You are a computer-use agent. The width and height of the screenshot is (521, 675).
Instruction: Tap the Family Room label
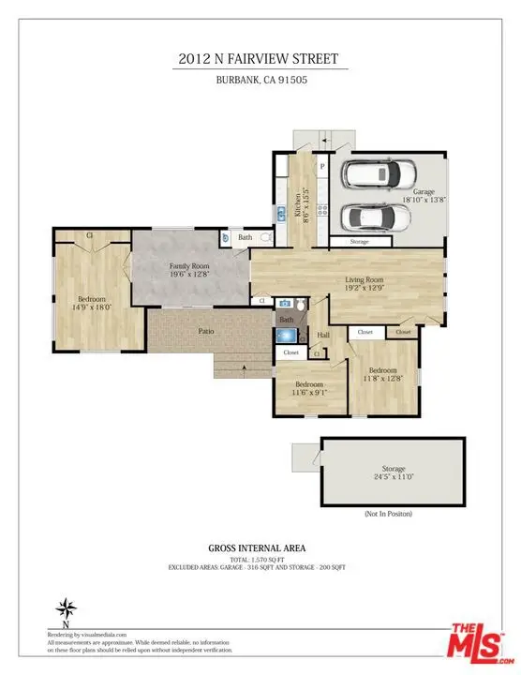click(188, 267)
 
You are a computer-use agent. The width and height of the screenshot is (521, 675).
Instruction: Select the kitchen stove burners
click(320, 205)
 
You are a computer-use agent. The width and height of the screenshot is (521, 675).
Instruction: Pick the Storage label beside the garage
click(359, 243)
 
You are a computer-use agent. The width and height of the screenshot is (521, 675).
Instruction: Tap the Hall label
click(324, 335)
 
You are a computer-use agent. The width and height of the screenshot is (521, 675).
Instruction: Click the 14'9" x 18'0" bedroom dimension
click(92, 307)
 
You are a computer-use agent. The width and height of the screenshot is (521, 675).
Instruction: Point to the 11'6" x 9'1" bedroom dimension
click(309, 394)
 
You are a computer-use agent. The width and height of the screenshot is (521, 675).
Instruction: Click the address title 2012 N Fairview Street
click(260, 58)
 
